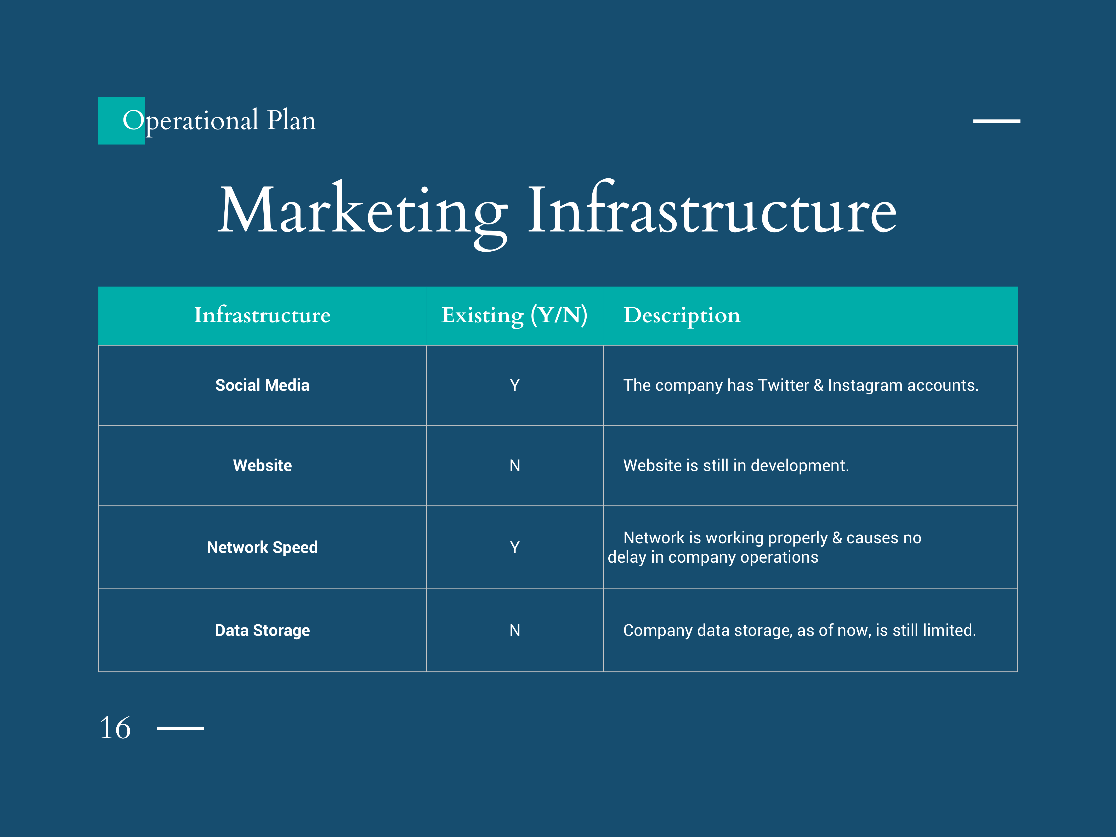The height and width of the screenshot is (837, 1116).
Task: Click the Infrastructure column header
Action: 262,315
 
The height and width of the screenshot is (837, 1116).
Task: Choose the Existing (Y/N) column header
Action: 515,316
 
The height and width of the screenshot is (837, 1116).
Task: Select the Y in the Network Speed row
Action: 515,547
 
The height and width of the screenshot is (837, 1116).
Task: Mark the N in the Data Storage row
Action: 515,630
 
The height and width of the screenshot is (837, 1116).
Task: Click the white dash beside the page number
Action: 180,728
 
